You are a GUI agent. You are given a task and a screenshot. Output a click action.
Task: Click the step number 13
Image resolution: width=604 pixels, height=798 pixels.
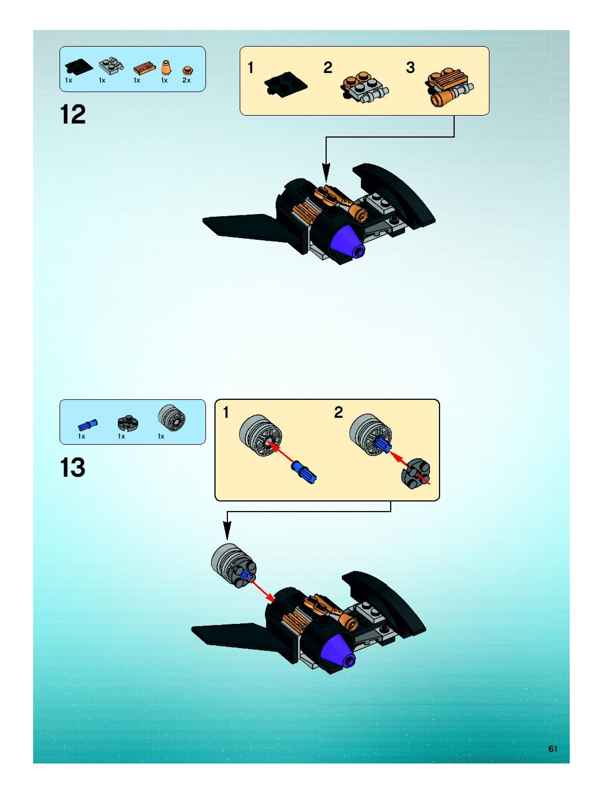pos(73,468)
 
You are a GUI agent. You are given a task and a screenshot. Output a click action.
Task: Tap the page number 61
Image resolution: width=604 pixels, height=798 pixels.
pos(553,749)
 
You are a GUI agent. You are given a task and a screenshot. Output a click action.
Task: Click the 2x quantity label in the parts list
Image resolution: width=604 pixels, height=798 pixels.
pos(186,80)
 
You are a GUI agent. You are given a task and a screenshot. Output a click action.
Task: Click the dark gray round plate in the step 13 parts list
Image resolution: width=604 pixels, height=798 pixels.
pos(127,423)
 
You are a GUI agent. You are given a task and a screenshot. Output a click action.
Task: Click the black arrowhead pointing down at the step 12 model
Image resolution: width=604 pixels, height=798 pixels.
pos(326,172)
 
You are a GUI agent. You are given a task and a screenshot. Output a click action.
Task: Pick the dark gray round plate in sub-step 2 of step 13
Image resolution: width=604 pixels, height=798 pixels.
pos(416,473)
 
